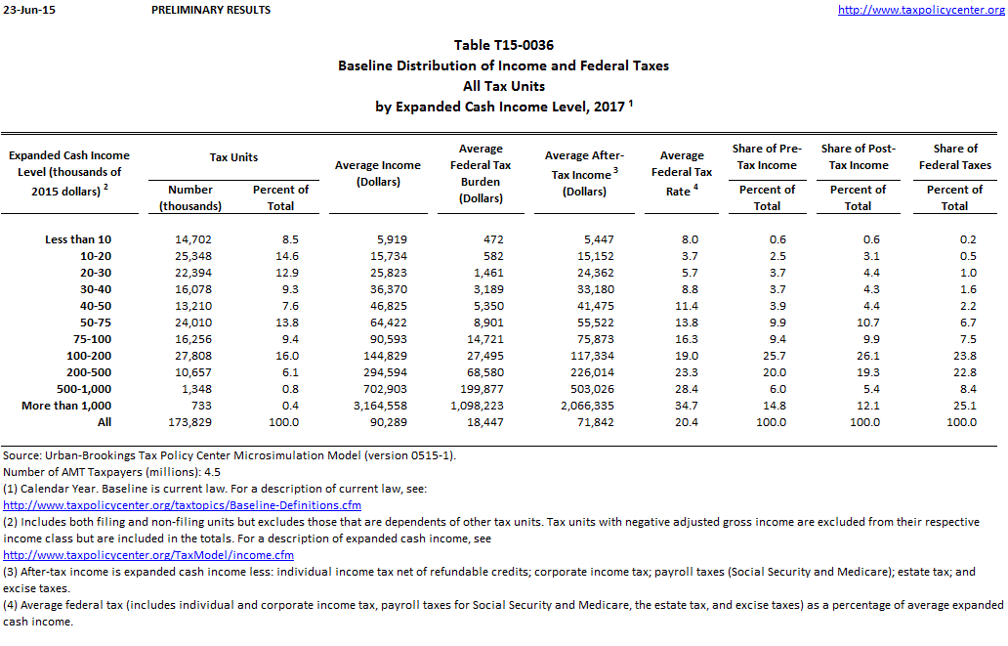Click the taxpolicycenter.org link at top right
click(x=921, y=10)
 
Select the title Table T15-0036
click(x=503, y=46)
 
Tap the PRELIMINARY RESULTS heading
click(x=212, y=10)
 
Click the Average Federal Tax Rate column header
click(x=682, y=173)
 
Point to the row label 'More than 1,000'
click(x=66, y=406)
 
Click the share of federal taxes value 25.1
click(x=961, y=406)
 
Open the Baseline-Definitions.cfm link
click(x=183, y=505)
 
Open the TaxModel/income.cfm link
click(x=148, y=555)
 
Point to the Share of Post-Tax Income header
click(x=858, y=156)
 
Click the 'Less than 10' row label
click(x=78, y=239)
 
